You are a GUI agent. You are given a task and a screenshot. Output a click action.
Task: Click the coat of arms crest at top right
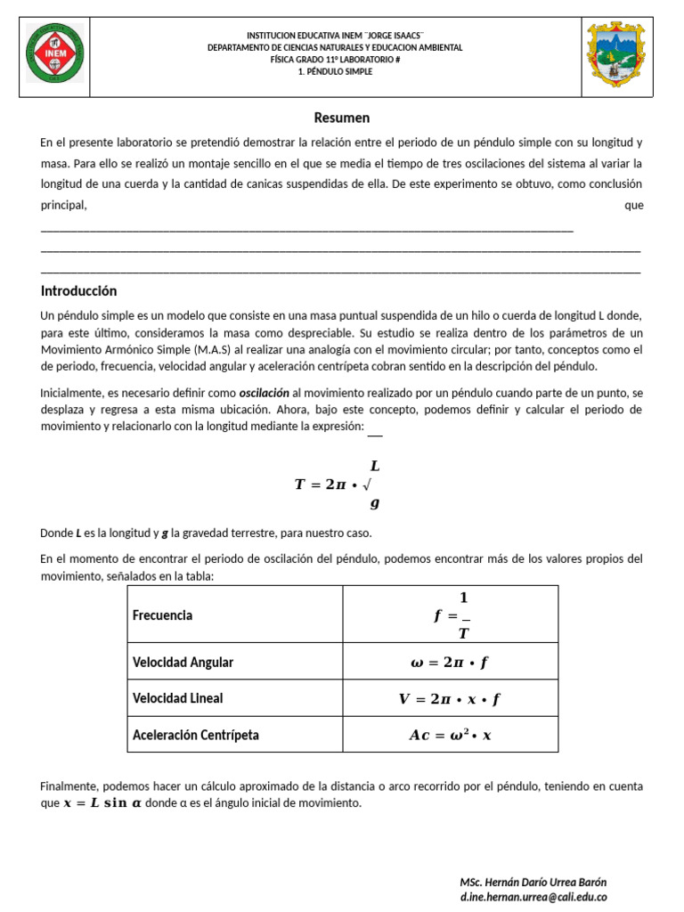615,54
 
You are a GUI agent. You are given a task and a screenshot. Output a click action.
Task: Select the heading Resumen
341,118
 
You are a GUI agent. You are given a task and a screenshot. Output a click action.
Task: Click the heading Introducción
79,291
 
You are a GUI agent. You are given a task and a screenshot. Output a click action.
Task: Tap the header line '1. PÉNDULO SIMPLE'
335,72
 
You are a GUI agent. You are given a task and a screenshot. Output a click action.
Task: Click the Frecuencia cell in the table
162,615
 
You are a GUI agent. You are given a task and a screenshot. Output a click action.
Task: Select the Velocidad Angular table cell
183,663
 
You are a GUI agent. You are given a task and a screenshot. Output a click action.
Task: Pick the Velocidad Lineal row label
177,699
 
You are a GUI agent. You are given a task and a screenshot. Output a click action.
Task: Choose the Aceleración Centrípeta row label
196,735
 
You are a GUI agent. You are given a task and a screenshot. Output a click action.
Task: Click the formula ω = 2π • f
450,663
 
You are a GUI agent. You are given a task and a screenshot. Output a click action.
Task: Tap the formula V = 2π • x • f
450,699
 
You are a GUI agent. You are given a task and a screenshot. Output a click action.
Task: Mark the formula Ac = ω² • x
450,735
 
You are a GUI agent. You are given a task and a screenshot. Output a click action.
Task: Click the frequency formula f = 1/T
453,615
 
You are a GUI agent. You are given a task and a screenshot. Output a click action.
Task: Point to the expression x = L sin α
102,802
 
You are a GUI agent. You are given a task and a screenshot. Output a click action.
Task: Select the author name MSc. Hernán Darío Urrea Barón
533,882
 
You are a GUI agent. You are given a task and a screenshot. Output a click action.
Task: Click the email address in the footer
533,897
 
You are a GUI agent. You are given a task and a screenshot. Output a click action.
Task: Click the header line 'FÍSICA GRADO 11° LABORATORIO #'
335,60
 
